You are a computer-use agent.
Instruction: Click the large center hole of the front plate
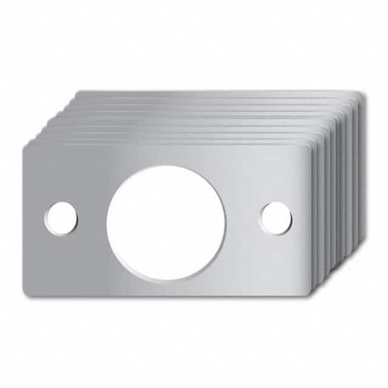coord(166,222)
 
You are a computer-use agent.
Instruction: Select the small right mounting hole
coord(276,218)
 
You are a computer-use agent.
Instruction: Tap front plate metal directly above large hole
coord(166,155)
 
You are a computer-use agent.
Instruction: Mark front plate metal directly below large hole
coord(166,288)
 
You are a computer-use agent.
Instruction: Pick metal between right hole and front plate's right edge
coord(300,218)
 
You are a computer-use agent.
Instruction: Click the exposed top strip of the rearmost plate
coord(218,94)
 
